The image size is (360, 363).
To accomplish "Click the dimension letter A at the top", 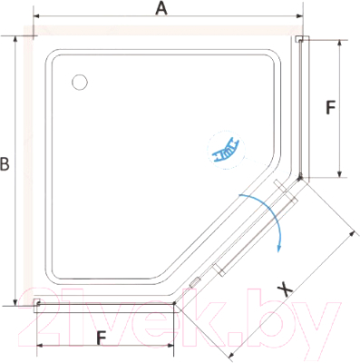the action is pyautogui.click(x=161, y=8).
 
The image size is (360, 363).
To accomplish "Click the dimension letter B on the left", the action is pyautogui.click(x=5, y=164).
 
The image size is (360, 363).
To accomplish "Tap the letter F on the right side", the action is pyautogui.click(x=331, y=107).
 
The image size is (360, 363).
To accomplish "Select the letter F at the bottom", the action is pyautogui.click(x=102, y=338).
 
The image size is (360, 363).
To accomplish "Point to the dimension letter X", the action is pyautogui.click(x=285, y=289).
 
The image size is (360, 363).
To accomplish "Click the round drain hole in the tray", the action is pyautogui.click(x=80, y=82).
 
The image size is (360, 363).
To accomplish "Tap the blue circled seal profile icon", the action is pyautogui.click(x=227, y=151).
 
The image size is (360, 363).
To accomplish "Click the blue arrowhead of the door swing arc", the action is pyautogui.click(x=279, y=248).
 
